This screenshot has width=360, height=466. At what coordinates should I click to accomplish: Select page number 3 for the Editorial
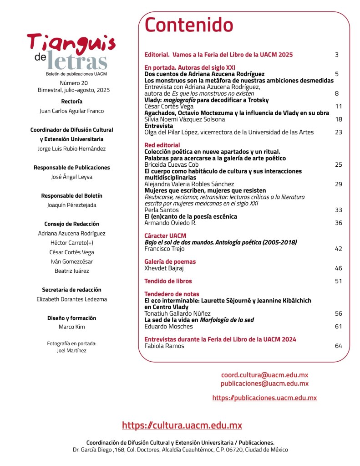337,55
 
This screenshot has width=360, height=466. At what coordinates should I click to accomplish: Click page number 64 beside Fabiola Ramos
338,346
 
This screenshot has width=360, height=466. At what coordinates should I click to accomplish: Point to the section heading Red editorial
162,145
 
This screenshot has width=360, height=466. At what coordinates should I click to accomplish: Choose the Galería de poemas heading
170,261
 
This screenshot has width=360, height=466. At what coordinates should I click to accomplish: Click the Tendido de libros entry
168,281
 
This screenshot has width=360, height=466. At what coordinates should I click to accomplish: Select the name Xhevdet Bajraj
164,268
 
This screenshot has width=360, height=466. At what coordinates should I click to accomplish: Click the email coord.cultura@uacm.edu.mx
264,375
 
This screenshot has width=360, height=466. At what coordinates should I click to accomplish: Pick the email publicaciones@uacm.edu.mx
264,384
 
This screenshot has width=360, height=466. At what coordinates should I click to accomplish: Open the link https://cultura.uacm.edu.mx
182,425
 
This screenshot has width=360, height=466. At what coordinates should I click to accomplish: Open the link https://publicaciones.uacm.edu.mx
264,398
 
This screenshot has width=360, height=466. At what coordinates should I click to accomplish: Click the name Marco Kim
71,327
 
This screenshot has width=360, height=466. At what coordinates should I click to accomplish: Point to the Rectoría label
71,101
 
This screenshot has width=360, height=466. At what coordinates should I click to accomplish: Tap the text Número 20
74,83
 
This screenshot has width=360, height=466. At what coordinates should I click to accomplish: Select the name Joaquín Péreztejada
71,205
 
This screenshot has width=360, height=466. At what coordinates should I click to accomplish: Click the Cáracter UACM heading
165,236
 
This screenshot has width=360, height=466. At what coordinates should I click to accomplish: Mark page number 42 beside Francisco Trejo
338,249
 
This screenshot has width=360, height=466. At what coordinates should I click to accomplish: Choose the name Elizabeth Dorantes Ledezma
71,299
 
